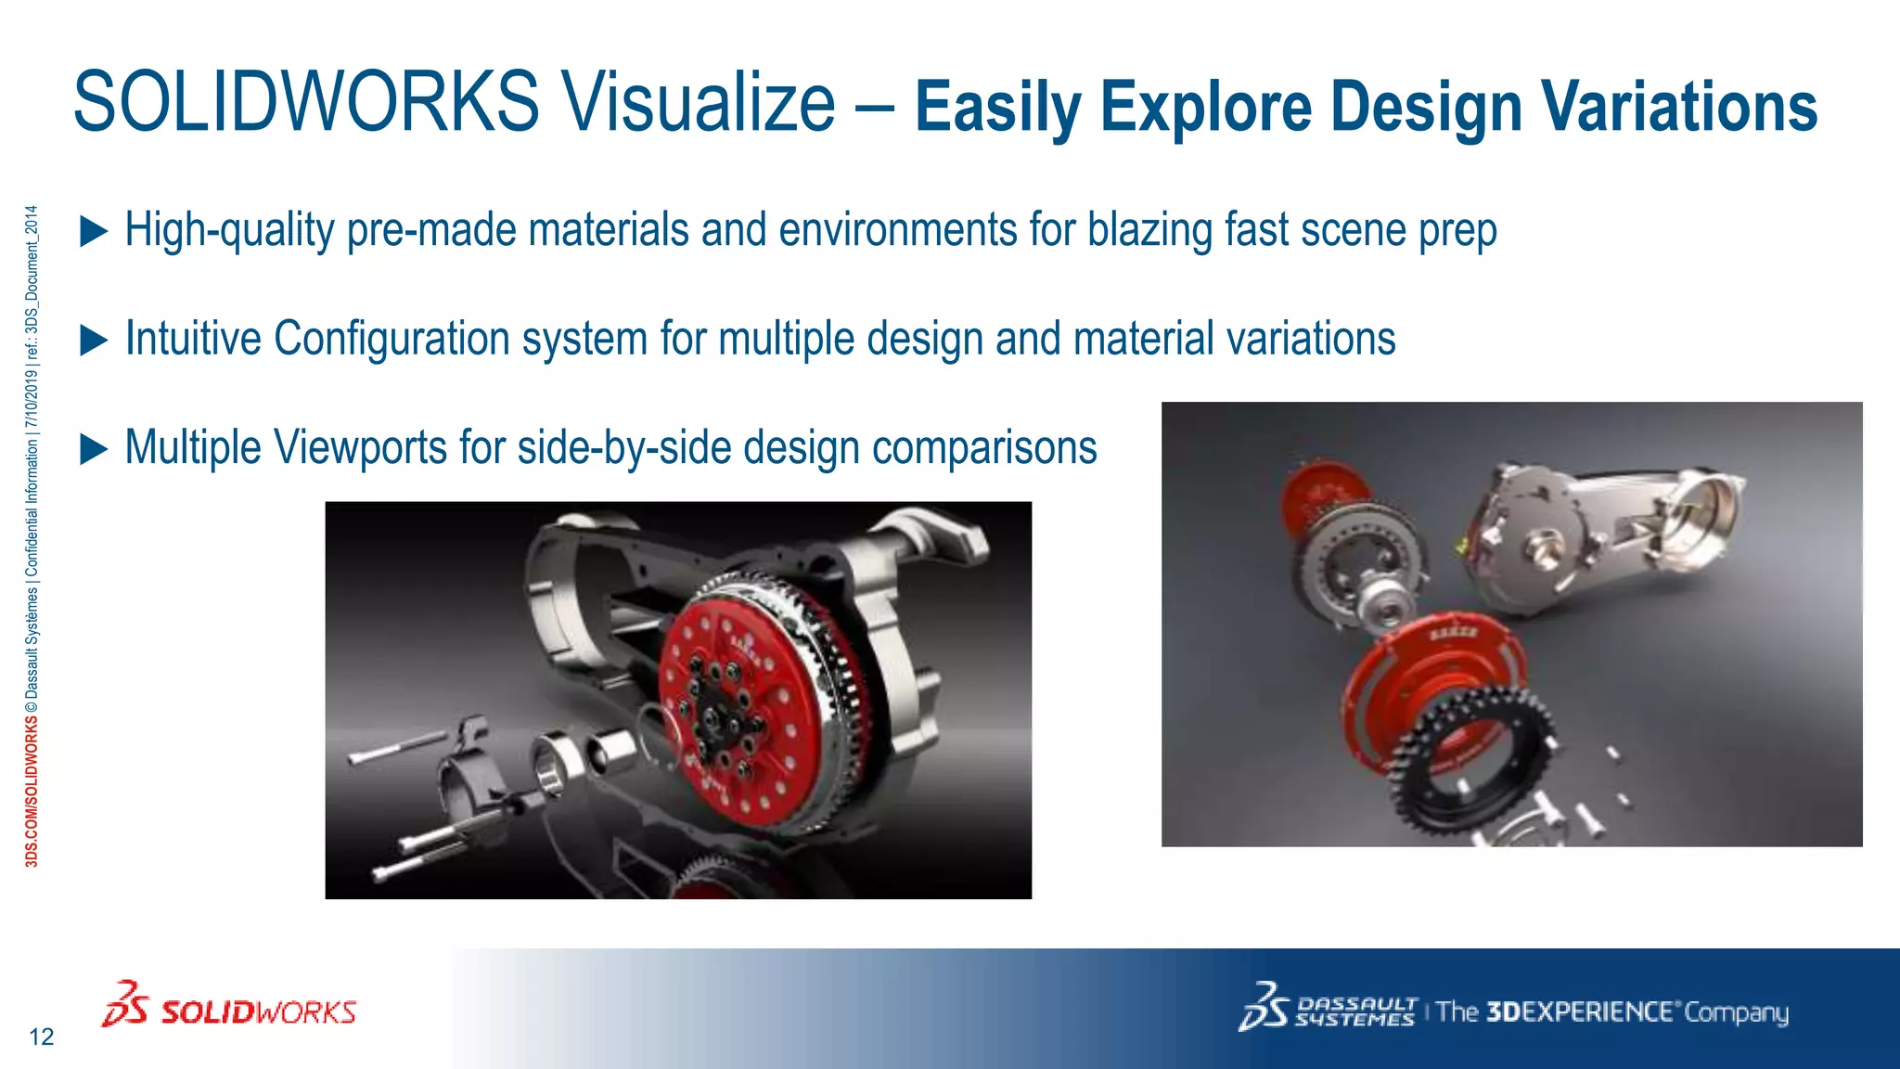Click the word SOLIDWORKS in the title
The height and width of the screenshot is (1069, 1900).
point(306,102)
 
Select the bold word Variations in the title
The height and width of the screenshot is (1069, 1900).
point(1679,107)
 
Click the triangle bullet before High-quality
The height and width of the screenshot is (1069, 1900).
point(94,231)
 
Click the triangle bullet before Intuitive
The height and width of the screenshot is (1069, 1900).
point(94,340)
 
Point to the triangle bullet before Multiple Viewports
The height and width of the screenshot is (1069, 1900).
point(94,449)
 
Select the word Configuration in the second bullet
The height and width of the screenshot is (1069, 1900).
point(391,339)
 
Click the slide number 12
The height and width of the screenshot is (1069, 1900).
point(42,1037)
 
